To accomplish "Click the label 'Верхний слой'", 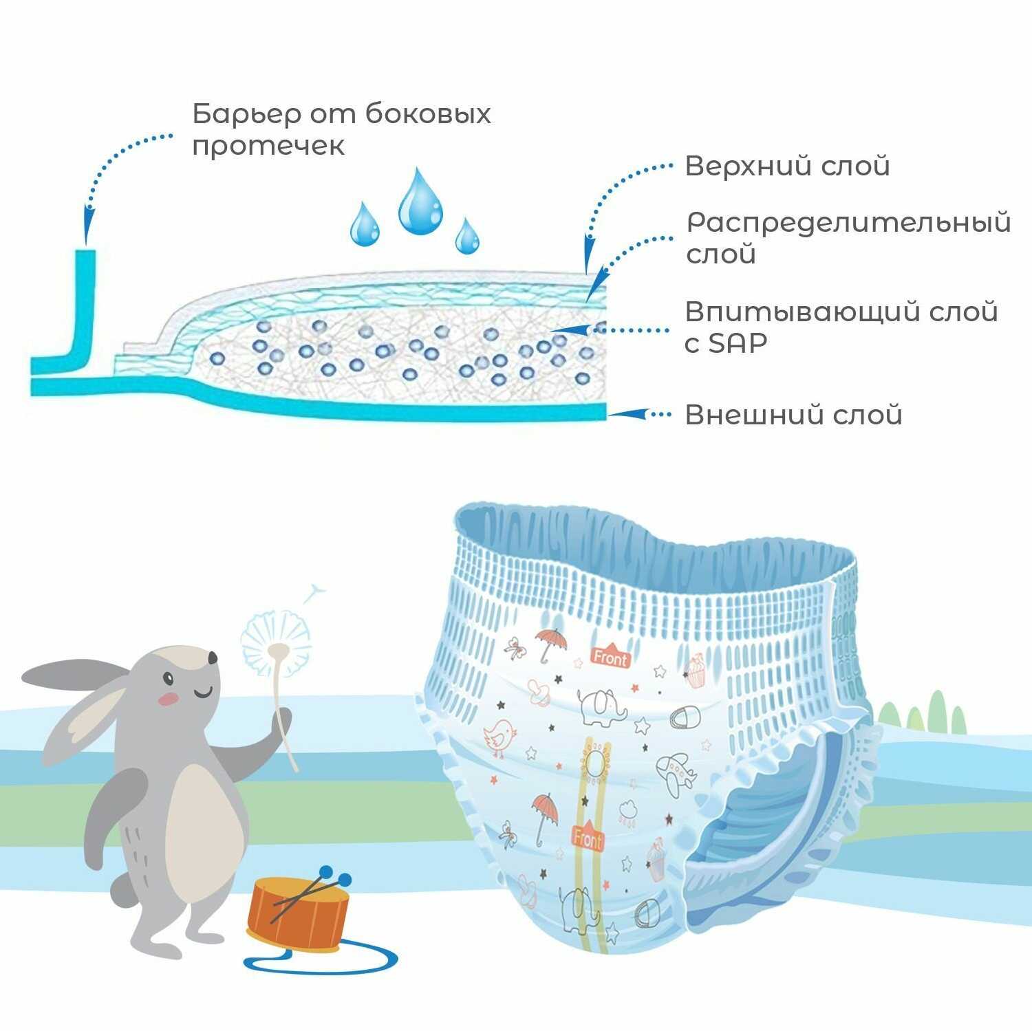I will click(787, 166).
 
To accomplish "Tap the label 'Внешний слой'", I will click(793, 415).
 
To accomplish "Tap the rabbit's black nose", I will click(213, 658).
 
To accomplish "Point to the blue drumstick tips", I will click(335, 876).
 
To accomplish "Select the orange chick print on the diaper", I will click(500, 736).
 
